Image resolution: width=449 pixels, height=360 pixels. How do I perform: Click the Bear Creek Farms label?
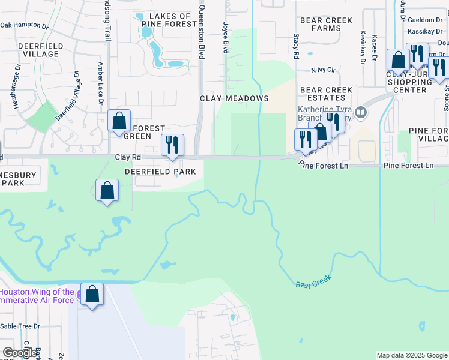click(x=326, y=24)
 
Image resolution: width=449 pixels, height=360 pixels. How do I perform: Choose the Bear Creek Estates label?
click(x=326, y=94)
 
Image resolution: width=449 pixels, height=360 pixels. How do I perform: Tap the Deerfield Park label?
click(x=160, y=172)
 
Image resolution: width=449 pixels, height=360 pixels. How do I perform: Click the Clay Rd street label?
click(x=127, y=157)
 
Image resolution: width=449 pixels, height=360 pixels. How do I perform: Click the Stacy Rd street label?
click(x=296, y=46)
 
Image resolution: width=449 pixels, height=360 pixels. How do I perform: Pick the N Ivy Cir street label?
click(x=322, y=70)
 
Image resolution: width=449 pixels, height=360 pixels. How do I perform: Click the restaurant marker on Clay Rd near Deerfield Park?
click(x=172, y=144)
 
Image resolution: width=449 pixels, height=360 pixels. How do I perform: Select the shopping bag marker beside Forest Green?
click(x=119, y=120)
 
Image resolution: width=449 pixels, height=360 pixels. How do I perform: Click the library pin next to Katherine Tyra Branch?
click(x=360, y=112)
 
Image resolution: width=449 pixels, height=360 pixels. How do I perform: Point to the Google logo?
click(x=19, y=352)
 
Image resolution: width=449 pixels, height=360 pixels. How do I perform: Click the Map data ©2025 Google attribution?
click(x=412, y=355)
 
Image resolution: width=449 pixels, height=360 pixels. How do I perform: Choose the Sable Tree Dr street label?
click(x=20, y=326)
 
